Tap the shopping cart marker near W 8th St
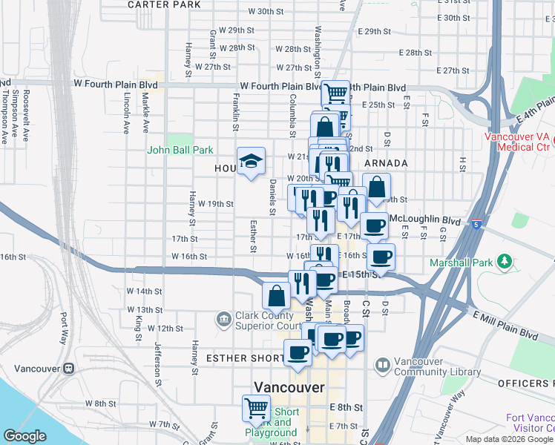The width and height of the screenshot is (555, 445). coord(256,407)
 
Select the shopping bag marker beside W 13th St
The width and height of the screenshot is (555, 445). coord(276,295)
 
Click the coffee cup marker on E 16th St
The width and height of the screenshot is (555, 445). coord(381,257)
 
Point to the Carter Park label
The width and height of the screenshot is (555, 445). coord(164,4)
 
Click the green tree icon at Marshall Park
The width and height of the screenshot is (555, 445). coord(505,261)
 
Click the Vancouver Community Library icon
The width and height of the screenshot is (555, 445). coord(382,365)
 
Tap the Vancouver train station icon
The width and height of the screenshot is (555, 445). coord(69,368)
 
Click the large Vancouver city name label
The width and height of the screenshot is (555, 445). coord(289,387)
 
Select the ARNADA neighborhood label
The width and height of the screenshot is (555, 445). coord(386,163)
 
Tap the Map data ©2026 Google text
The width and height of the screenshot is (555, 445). coord(508,439)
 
